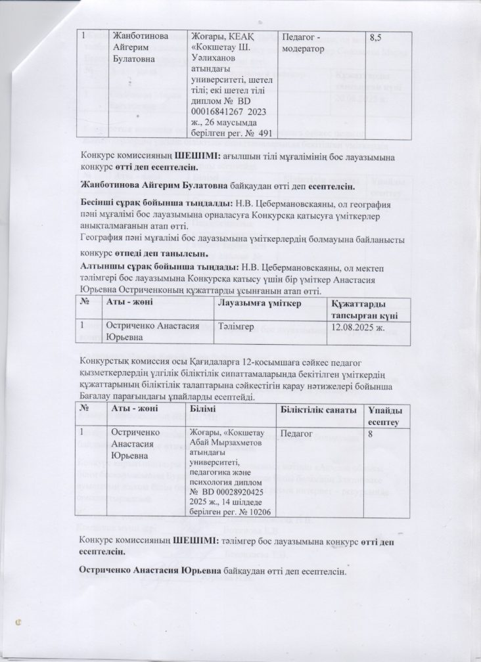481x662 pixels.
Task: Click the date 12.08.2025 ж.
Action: point(355,326)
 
